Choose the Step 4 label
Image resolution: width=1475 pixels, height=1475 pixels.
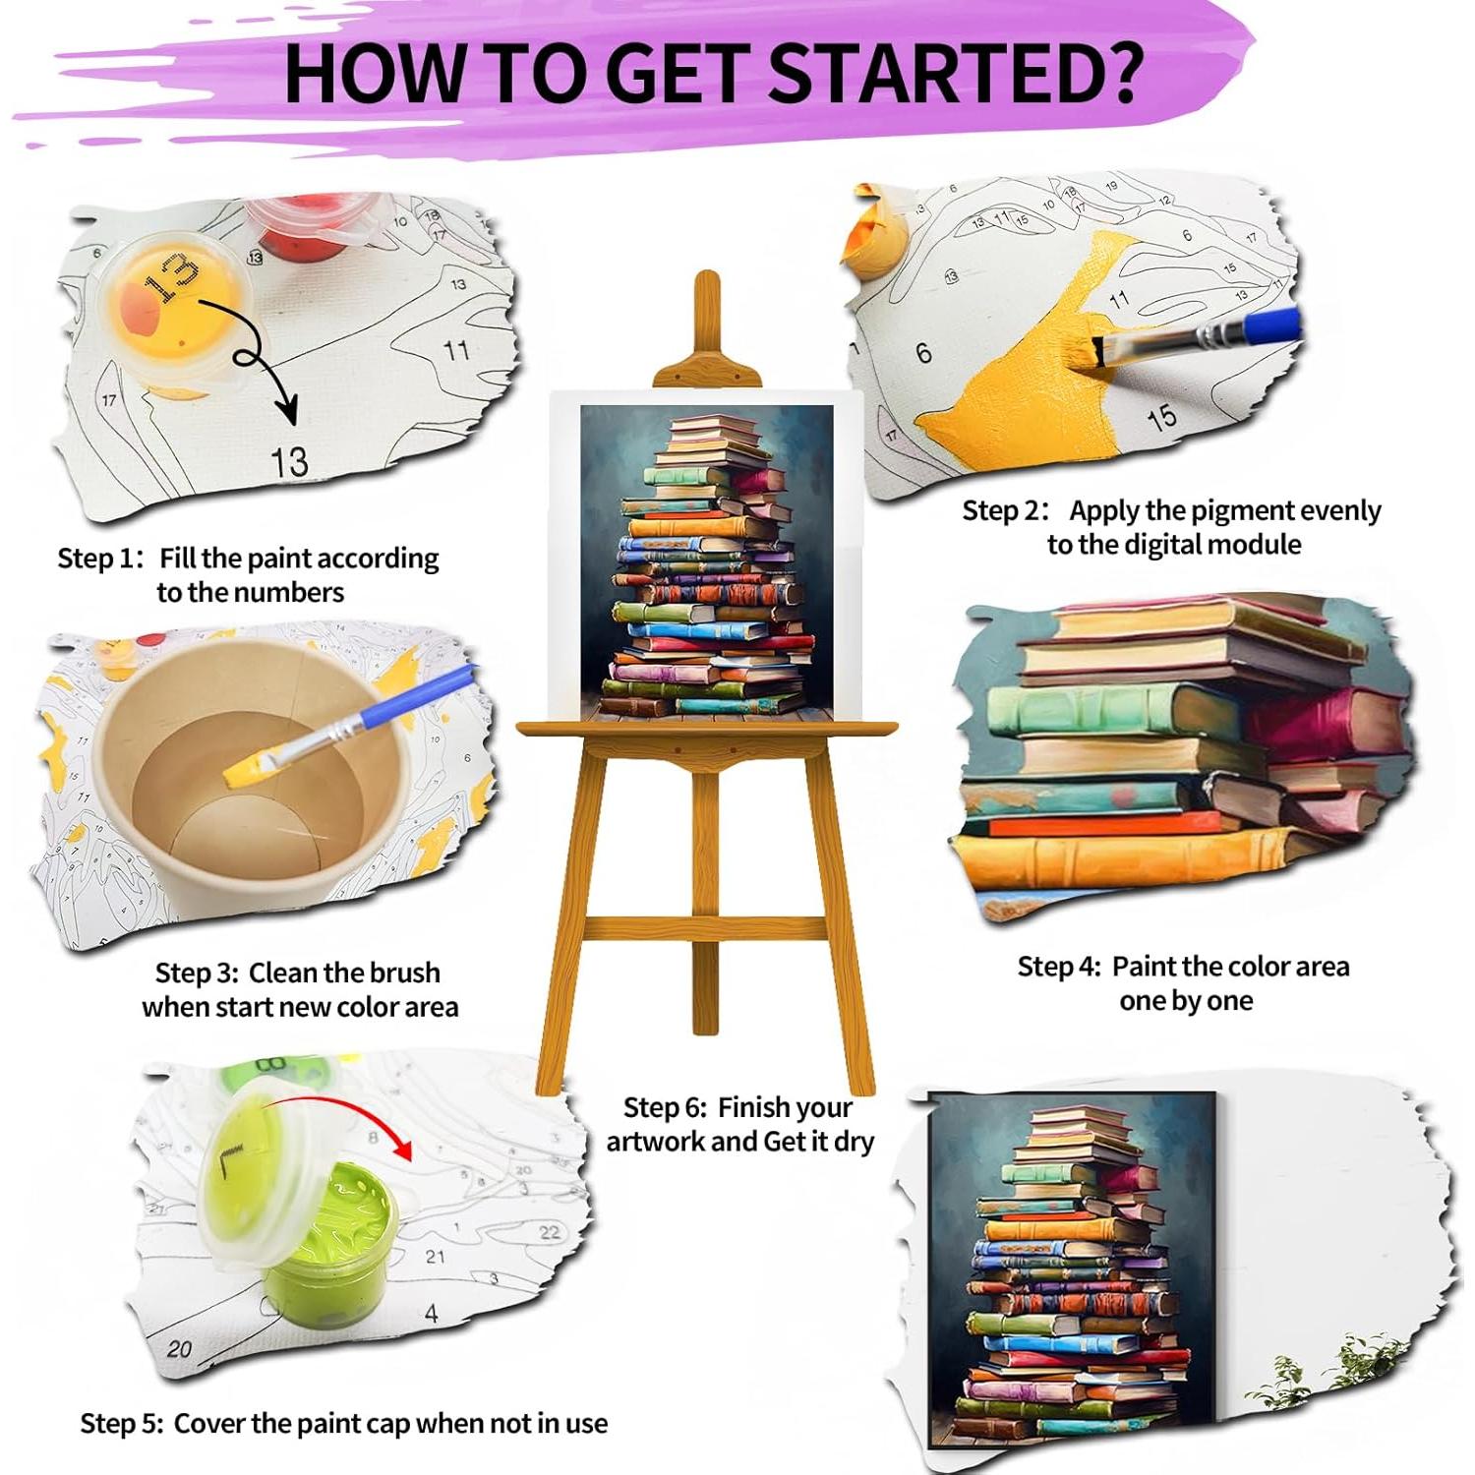(1059, 967)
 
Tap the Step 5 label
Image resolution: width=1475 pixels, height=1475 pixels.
(121, 1424)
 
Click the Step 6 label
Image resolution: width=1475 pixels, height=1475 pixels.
(665, 1108)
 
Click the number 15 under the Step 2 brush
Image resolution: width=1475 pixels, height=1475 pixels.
(1161, 417)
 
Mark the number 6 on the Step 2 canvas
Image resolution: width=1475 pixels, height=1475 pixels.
(922, 353)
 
